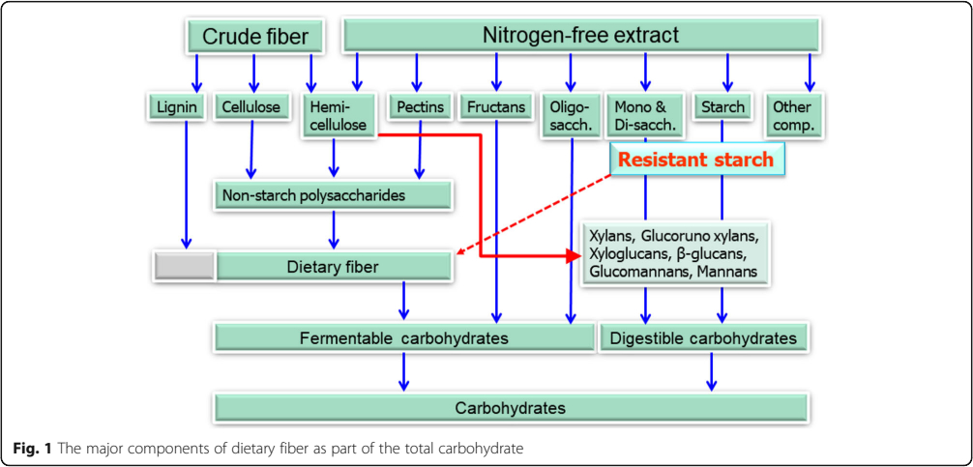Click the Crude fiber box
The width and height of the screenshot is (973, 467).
[255, 37]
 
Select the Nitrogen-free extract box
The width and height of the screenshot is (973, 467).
[581, 36]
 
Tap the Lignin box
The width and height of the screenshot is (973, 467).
[176, 107]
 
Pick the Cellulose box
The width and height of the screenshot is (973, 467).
[251, 107]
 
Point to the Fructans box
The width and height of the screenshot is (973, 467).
[496, 107]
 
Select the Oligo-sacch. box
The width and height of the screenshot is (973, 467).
[568, 116]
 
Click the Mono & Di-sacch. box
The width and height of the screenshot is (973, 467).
[645, 116]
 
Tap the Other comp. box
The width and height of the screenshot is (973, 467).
[793, 116]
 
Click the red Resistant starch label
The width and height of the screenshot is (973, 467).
[696, 160]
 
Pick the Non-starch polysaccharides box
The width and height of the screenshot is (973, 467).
[334, 196]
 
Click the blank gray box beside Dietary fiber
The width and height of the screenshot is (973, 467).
[185, 267]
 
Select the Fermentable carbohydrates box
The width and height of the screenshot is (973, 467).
[404, 338]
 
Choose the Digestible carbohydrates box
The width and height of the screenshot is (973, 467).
[703, 338]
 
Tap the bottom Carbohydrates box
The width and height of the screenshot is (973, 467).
[511, 408]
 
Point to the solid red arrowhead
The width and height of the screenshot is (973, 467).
[574, 255]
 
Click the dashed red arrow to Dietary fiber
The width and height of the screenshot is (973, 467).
[534, 214]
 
